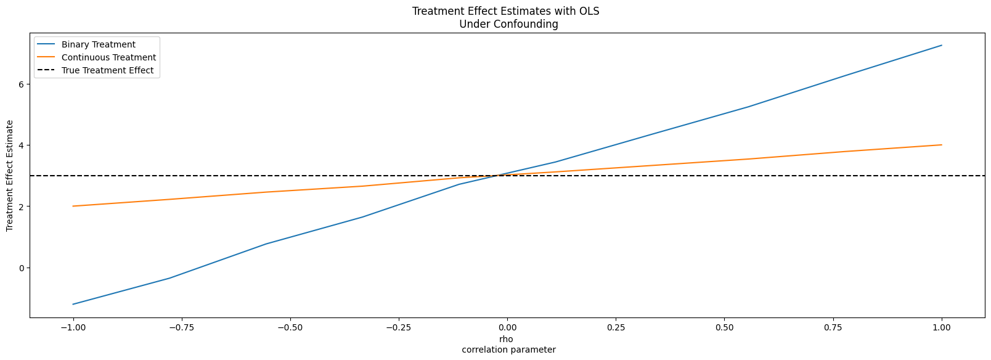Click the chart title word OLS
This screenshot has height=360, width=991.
[x=589, y=12]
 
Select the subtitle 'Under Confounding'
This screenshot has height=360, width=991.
[x=508, y=24]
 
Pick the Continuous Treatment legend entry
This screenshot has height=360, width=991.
[x=96, y=57]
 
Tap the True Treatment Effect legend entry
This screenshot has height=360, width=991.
[x=95, y=70]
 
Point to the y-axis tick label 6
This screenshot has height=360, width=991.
[x=21, y=84]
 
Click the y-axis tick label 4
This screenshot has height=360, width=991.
[x=21, y=145]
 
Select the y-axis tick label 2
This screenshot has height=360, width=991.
[x=21, y=207]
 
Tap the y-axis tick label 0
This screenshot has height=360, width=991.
[x=21, y=268]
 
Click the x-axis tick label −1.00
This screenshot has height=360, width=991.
[x=73, y=328]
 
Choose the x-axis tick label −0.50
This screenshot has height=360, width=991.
[x=290, y=328]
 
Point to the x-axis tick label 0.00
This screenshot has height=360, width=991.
[x=507, y=328]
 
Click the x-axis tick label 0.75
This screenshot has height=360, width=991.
[x=833, y=328]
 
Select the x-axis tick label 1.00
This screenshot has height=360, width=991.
[x=942, y=328]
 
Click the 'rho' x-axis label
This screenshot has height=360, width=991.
[x=506, y=340]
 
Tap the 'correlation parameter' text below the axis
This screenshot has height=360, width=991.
[x=509, y=350]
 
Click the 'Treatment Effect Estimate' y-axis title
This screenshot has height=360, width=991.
[x=10, y=176]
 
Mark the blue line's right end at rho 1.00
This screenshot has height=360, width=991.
[x=942, y=45]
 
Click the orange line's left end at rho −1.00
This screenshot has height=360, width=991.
[x=73, y=206]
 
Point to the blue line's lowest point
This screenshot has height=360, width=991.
[x=73, y=305]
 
